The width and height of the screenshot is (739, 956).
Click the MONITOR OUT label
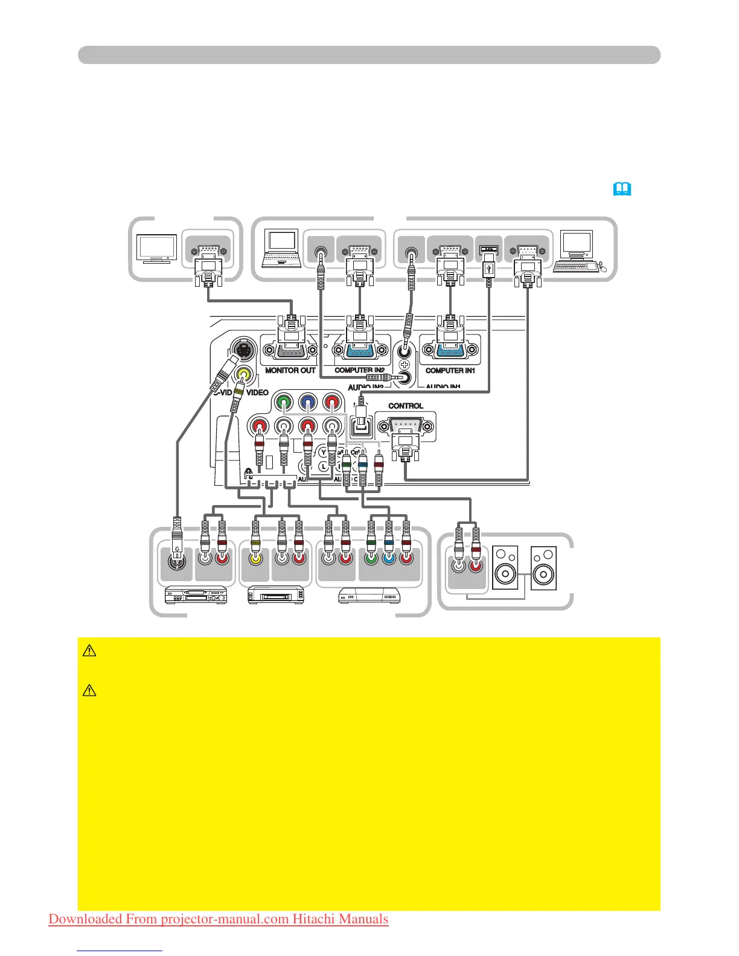(x=290, y=371)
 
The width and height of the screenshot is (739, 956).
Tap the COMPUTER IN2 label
(x=359, y=371)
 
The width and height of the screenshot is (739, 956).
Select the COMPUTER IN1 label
(x=450, y=371)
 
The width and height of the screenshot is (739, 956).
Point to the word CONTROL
(x=405, y=406)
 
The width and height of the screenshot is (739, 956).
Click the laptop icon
(x=282, y=249)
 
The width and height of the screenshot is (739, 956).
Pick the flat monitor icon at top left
(x=158, y=249)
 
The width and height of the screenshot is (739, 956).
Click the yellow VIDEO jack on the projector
(x=244, y=374)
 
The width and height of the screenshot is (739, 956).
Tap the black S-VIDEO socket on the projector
(x=242, y=349)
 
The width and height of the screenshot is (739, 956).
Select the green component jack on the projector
(x=283, y=401)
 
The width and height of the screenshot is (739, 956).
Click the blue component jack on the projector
(x=307, y=401)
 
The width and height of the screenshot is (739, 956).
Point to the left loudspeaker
(x=505, y=567)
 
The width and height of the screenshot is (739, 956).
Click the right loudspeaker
(x=543, y=567)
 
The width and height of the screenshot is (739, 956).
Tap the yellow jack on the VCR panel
(x=255, y=559)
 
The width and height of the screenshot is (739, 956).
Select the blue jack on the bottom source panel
(x=389, y=559)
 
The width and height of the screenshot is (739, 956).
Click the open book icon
(x=622, y=190)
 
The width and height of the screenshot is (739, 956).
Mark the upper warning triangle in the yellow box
(x=89, y=651)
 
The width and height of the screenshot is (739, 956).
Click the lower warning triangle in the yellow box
(x=89, y=690)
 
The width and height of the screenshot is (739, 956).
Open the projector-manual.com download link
(x=219, y=919)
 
